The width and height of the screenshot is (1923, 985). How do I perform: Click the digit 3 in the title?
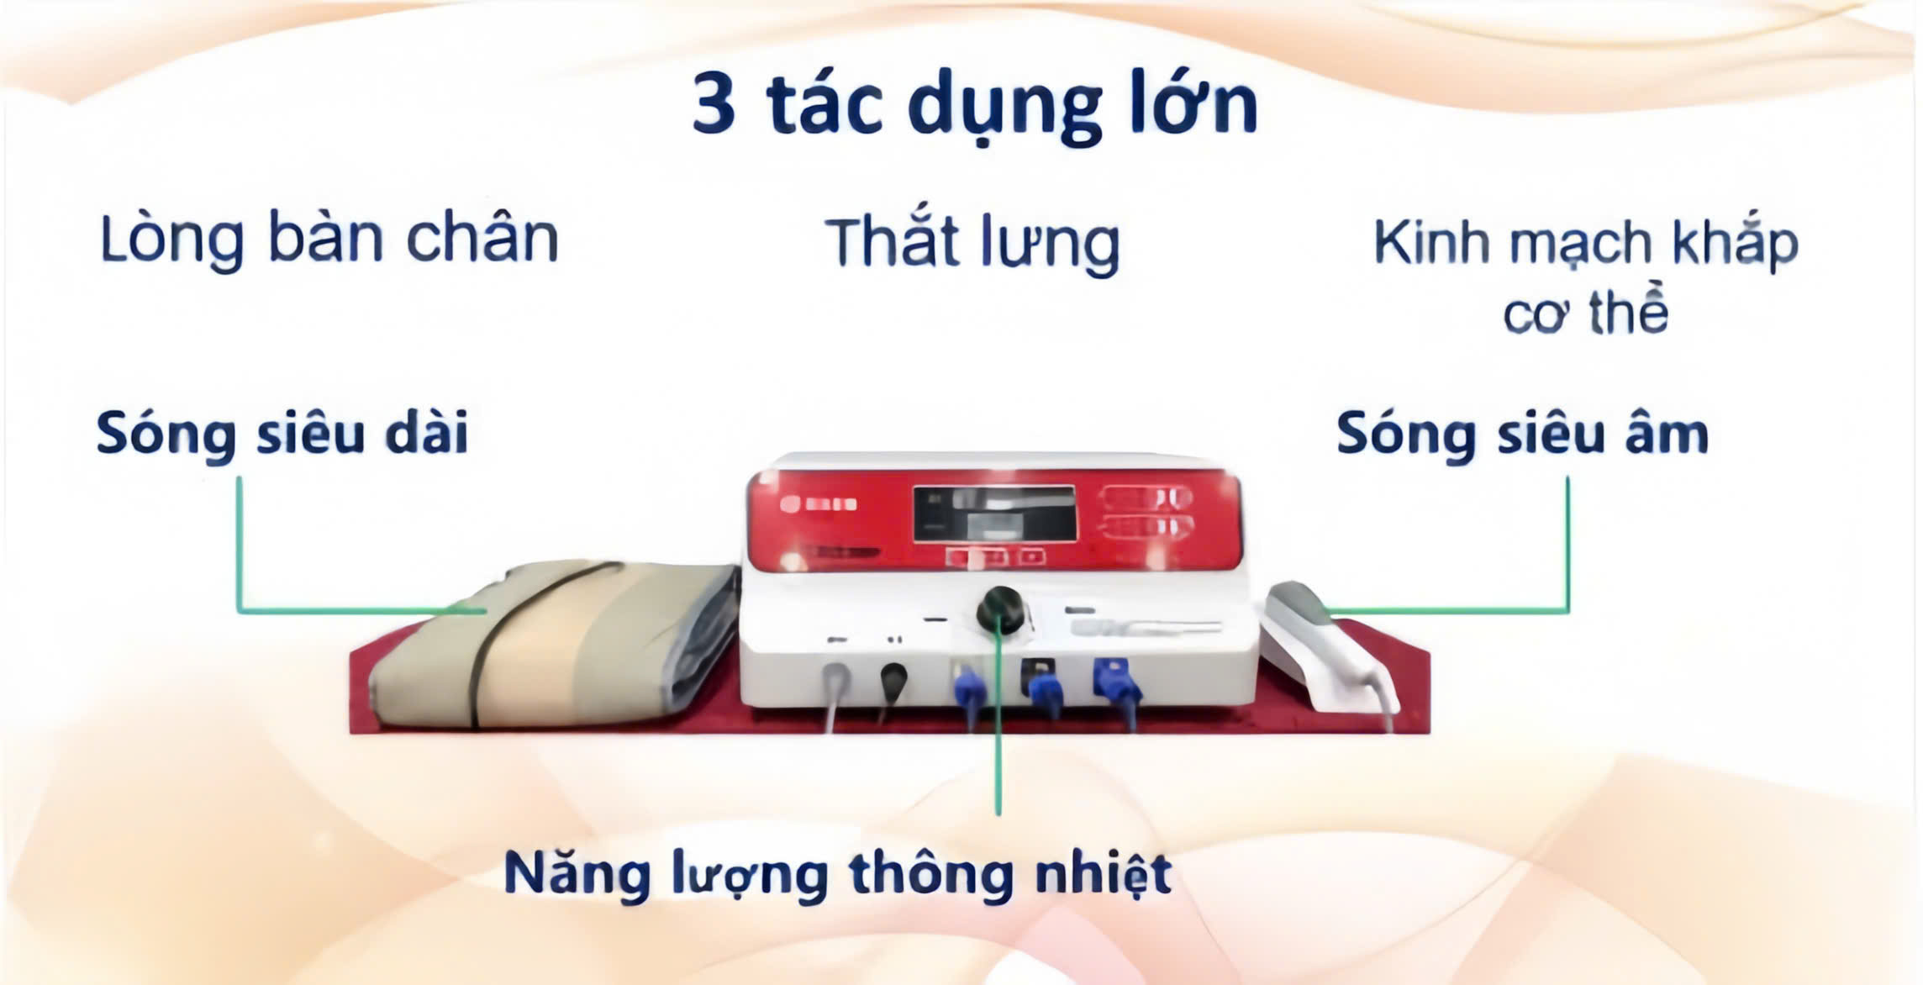[x=714, y=105]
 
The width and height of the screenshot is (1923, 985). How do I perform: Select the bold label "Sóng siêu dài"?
[x=282, y=434]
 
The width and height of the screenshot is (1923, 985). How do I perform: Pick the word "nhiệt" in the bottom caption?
[x=1102, y=874]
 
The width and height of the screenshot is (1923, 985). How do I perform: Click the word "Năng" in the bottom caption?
[x=577, y=874]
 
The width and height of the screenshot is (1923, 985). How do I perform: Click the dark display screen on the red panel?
[x=994, y=514]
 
